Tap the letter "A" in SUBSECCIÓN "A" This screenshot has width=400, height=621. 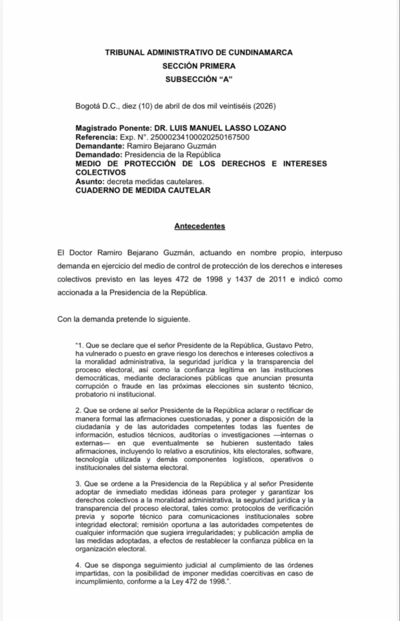point(227,79)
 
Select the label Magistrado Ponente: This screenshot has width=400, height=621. point(112,129)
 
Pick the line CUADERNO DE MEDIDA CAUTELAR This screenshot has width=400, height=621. point(143,190)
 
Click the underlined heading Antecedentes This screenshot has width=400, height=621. point(200,227)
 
